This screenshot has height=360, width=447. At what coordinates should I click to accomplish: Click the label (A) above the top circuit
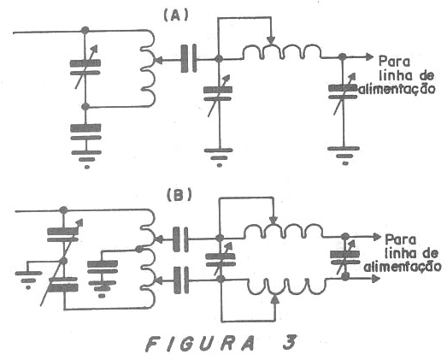pyautogui.click(x=176, y=16)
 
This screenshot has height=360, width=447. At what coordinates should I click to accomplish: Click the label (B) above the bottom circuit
pyautogui.click(x=179, y=195)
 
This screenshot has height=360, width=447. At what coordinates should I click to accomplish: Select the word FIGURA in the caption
pyautogui.click(x=200, y=343)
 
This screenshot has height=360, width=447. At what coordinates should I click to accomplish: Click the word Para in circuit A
pyautogui.click(x=394, y=62)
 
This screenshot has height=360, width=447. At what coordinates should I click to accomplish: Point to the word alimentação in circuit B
pyautogui.click(x=403, y=267)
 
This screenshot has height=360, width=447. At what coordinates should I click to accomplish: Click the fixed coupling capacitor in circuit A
pyautogui.click(x=189, y=59)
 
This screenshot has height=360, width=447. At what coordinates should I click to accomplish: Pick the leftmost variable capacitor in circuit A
pyautogui.click(x=85, y=68)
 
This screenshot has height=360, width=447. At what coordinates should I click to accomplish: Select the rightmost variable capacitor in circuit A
pyautogui.click(x=343, y=92)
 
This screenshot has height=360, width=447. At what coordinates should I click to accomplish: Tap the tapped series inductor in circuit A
pyautogui.click(x=282, y=51)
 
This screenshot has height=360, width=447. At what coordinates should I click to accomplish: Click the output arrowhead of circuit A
pyautogui.click(x=369, y=56)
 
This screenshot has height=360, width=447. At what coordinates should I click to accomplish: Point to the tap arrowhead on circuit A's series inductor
pyautogui.click(x=272, y=40)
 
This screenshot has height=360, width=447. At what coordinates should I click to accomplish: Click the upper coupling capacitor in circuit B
pyautogui.click(x=180, y=239)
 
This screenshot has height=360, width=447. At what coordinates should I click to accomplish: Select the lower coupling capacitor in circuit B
pyautogui.click(x=180, y=280)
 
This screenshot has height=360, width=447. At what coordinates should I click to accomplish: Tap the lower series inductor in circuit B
pyautogui.click(x=286, y=286)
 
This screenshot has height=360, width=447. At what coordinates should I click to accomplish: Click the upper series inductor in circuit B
pyautogui.click(x=284, y=231)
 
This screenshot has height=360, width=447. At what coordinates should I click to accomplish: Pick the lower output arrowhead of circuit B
pyautogui.click(x=376, y=279)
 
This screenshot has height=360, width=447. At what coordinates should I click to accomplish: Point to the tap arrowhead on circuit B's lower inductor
pyautogui.click(x=274, y=298)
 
